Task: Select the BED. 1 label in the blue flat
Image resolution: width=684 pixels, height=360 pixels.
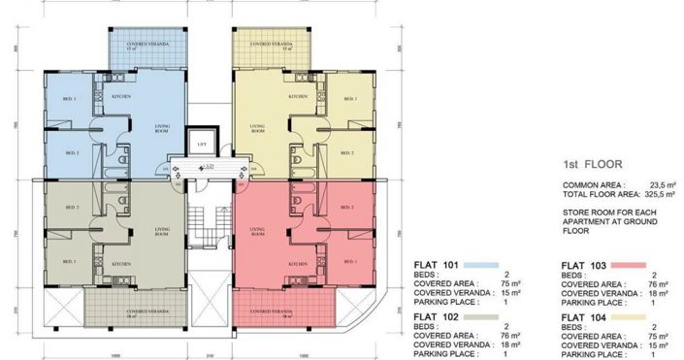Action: pyautogui.click(x=71, y=99)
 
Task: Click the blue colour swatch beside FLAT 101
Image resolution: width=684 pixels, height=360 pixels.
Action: pyautogui.click(x=481, y=264)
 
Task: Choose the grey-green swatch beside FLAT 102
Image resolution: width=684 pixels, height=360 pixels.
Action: pyautogui.click(x=481, y=317)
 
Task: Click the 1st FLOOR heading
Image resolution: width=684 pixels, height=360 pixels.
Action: pyautogui.click(x=592, y=165)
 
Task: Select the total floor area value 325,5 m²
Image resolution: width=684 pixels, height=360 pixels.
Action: pyautogui.click(x=646, y=193)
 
